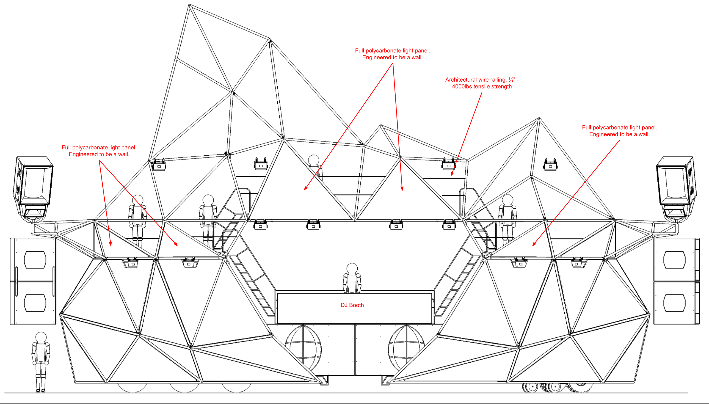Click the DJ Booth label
352,305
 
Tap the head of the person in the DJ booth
352,268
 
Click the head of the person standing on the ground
41,337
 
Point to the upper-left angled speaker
33,181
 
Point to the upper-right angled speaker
676,181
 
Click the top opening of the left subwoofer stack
35,260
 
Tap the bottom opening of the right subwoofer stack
674,303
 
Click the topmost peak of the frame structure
189,5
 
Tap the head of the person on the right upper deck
507,200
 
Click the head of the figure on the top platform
314,160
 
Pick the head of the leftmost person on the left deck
138,200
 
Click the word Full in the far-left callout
66,147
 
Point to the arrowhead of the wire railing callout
451,175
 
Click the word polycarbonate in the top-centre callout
383,50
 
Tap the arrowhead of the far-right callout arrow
533,245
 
